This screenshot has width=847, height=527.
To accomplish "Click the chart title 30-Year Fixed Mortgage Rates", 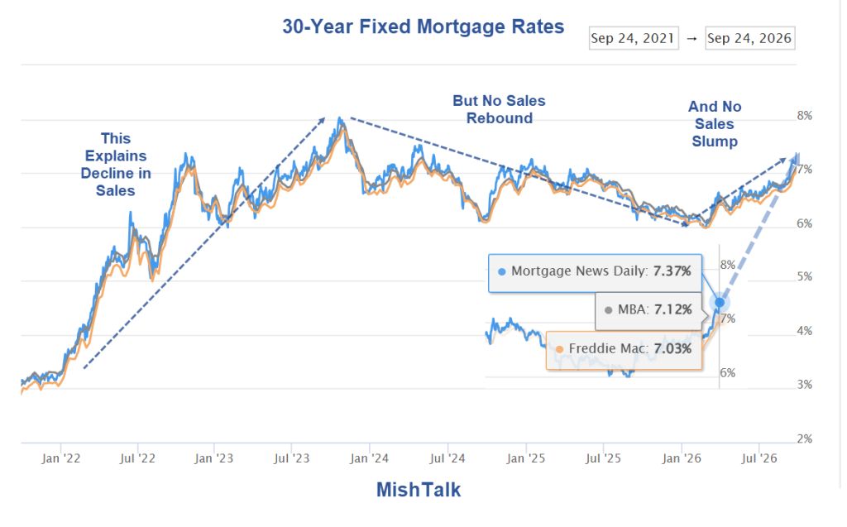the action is (423, 26).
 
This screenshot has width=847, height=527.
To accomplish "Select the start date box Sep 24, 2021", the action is (633, 38).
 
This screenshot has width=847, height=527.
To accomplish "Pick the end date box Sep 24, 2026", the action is (749, 38).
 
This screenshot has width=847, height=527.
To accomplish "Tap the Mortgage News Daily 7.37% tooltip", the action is (595, 273).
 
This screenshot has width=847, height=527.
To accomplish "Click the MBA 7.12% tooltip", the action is (648, 311).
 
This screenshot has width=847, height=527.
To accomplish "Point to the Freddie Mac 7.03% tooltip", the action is (624, 350).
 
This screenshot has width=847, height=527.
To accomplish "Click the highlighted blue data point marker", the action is (720, 303).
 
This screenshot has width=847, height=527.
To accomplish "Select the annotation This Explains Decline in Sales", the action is (116, 165).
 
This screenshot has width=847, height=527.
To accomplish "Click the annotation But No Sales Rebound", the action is (499, 109).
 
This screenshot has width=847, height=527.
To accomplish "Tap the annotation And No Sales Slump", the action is (714, 124).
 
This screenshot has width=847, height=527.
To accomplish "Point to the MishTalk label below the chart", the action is (419, 490).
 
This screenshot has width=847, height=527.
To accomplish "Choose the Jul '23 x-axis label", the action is (292, 458).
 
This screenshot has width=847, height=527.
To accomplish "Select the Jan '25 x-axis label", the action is (525, 458).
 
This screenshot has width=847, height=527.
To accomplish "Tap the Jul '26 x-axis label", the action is (759, 458).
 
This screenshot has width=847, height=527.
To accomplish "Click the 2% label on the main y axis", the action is (804, 439).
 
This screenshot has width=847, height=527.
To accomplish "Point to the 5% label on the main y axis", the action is (804, 277).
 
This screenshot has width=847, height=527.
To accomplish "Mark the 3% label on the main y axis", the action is (804, 385).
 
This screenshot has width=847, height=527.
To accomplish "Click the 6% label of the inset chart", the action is (728, 373).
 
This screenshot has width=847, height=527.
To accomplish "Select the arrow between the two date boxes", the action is (692, 38).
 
